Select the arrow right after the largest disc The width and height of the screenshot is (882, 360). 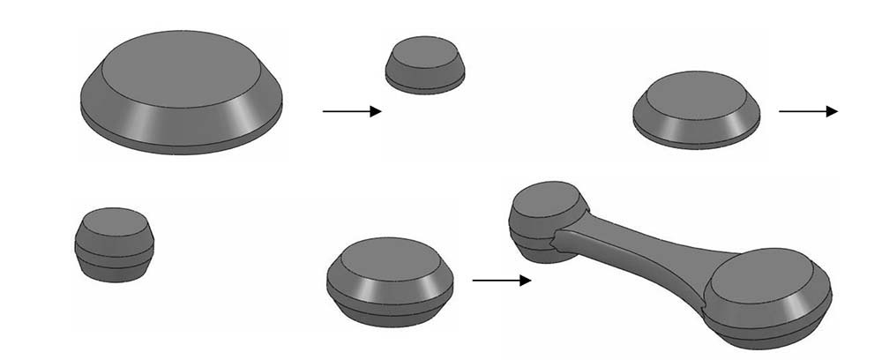point(351,111)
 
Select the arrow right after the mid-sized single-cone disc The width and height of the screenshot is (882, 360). point(807,111)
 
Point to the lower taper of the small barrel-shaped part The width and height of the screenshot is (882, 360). point(116,272)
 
